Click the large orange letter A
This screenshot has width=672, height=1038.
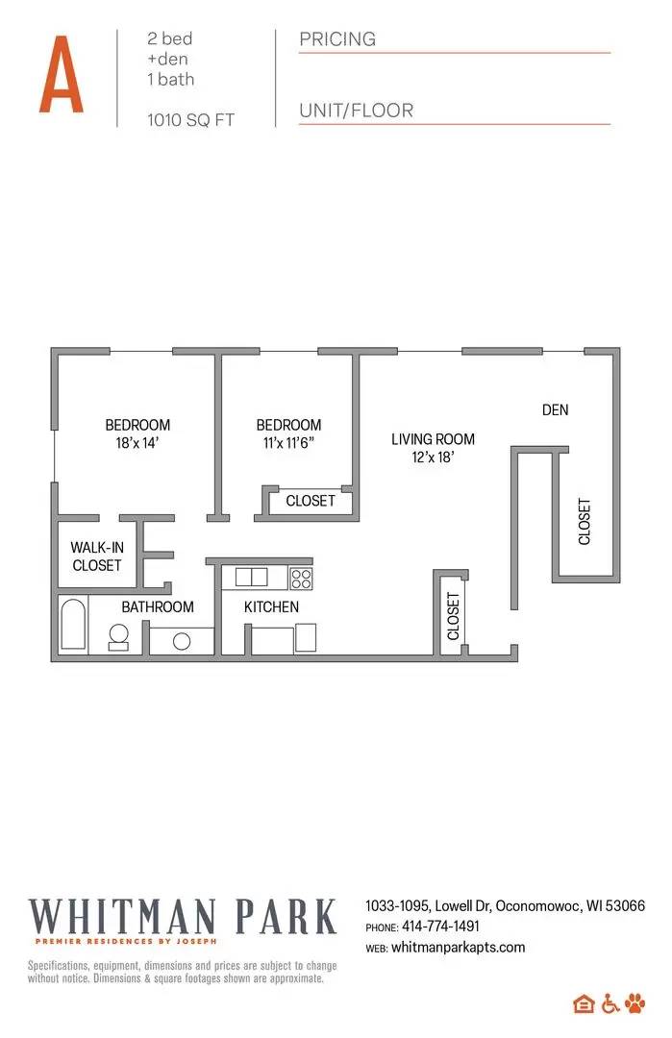click(61, 74)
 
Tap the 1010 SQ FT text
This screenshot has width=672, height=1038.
click(190, 120)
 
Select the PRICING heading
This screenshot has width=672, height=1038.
click(337, 39)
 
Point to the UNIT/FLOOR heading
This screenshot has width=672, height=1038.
click(356, 111)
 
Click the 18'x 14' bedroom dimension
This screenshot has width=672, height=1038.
click(137, 443)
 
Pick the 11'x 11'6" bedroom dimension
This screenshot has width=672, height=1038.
click(287, 443)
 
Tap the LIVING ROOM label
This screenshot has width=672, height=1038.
click(433, 439)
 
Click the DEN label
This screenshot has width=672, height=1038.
click(555, 409)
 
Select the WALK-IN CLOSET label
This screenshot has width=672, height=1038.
click(97, 556)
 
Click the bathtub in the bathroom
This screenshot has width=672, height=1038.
click(73, 625)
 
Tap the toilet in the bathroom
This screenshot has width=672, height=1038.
click(119, 636)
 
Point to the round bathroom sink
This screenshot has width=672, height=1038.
click(182, 642)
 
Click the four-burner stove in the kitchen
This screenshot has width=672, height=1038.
click(301, 578)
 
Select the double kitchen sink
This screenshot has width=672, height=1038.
click(252, 577)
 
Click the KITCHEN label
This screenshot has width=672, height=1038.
click(271, 606)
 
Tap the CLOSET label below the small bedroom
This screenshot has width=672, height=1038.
click(311, 501)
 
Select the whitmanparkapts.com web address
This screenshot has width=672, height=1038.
click(459, 947)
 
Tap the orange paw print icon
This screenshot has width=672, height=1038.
click(636, 1003)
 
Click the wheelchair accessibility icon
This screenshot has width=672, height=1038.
click(610, 1003)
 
